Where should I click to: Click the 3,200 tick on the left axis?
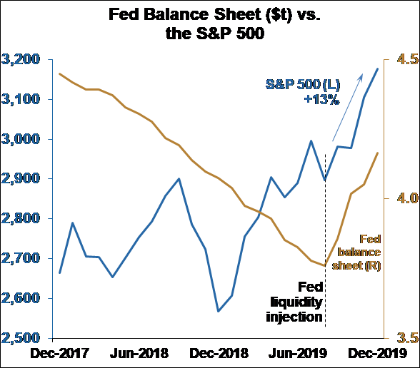click(x=22, y=60)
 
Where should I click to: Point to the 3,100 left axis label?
click(x=22, y=100)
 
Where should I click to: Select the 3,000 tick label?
click(x=22, y=140)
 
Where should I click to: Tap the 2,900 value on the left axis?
click(x=22, y=179)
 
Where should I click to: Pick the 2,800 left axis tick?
click(x=22, y=219)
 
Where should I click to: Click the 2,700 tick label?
click(x=22, y=259)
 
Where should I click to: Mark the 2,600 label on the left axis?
click(x=22, y=299)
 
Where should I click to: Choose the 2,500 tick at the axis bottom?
click(x=22, y=338)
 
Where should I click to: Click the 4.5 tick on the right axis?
click(x=403, y=60)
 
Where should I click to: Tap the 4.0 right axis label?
click(x=403, y=198)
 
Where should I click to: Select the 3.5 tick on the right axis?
click(x=403, y=338)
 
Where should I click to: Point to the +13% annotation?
click(x=321, y=101)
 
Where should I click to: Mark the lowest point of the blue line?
click(x=218, y=311)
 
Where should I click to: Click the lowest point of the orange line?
click(x=325, y=265)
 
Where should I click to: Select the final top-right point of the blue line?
click(x=378, y=68)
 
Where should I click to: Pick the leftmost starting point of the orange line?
click(x=59, y=73)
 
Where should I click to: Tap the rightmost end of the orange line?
click(x=378, y=153)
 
